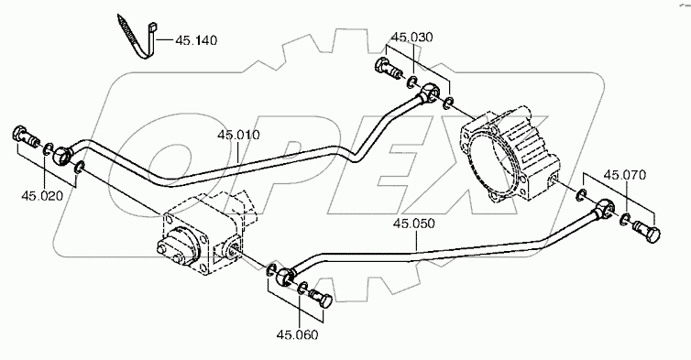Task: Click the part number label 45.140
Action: coord(196,40)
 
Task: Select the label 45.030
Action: coord(412,37)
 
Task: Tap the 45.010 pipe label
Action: coord(238,135)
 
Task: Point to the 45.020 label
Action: coord(42,196)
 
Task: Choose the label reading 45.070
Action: coord(625,175)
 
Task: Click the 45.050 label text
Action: coord(414,224)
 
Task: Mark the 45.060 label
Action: coord(297,335)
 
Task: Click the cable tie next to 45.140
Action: coord(138,38)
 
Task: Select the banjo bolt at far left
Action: coord(26,136)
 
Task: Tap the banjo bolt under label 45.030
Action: coord(389,69)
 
